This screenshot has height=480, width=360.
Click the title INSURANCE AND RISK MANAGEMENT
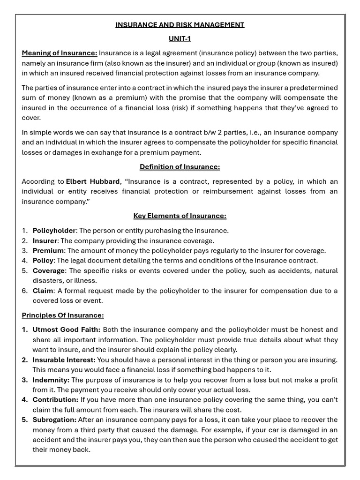point(180,25)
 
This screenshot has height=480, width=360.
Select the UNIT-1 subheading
point(180,39)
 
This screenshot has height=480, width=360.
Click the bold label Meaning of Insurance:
point(60,53)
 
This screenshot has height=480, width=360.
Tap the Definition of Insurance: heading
point(180,167)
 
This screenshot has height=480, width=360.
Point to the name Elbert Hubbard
point(93,181)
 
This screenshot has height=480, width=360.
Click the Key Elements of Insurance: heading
point(180,216)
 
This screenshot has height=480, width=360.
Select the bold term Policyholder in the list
point(54,231)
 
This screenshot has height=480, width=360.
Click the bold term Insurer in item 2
point(45,240)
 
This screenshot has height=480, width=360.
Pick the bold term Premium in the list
point(48,251)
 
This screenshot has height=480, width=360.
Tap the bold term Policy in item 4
point(43,261)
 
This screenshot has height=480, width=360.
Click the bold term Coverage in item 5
point(49,271)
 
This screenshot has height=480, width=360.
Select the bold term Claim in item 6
point(43,291)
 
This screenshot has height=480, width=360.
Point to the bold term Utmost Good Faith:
point(66,330)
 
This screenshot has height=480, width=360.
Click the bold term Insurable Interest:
point(64,360)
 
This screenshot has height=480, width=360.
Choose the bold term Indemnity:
point(51,380)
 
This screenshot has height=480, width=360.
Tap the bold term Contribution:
point(55,400)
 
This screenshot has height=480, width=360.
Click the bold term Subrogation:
point(54,420)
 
